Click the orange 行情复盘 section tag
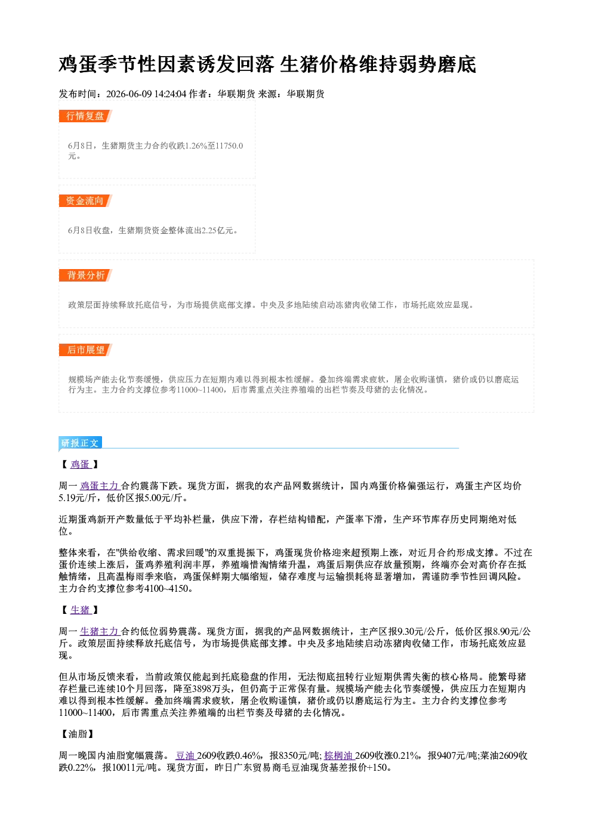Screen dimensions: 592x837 click(x=85, y=116)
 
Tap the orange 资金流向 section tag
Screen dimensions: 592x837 click(x=85, y=200)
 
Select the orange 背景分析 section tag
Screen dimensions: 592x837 click(x=85, y=276)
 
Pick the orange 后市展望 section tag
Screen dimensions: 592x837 click(x=85, y=350)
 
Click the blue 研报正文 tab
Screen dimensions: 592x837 click(x=80, y=443)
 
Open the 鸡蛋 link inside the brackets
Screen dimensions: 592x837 click(x=81, y=465)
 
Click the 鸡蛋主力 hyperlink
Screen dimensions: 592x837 click(x=100, y=486)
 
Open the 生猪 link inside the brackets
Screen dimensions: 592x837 click(x=81, y=610)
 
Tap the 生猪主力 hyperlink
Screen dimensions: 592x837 click(x=100, y=632)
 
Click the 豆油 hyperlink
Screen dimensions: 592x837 click(x=186, y=755)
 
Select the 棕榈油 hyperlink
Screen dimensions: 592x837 click(x=339, y=755)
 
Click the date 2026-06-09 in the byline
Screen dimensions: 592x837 click(x=129, y=94)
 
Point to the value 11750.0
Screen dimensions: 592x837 click(x=229, y=146)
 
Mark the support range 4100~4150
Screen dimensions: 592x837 click(x=166, y=588)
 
